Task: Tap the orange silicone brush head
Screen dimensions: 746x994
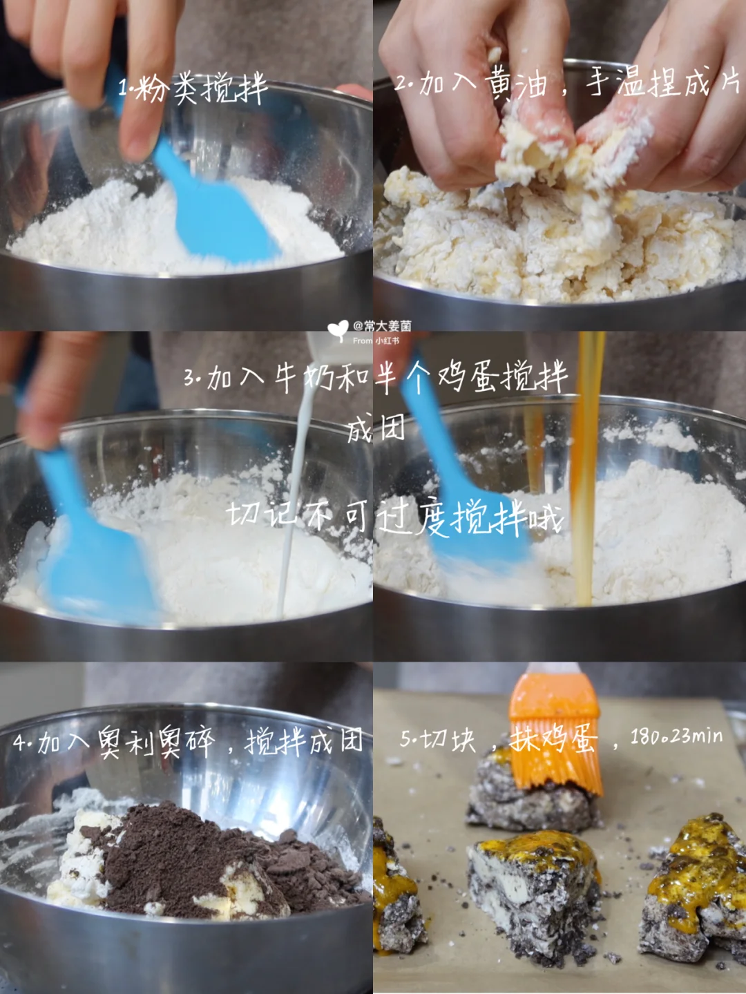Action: click(x=555, y=733)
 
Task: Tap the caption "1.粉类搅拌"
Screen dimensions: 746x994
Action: click(x=193, y=88)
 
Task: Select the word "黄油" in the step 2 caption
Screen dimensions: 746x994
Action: click(x=515, y=84)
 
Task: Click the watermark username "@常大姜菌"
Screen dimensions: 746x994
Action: click(x=382, y=325)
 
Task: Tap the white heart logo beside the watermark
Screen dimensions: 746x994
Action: click(x=338, y=330)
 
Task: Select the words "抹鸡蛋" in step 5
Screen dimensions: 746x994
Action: click(x=553, y=741)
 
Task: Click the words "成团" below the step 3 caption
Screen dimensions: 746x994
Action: click(x=376, y=428)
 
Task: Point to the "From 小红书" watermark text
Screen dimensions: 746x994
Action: click(x=376, y=341)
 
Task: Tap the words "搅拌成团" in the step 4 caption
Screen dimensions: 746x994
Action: click(x=304, y=741)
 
